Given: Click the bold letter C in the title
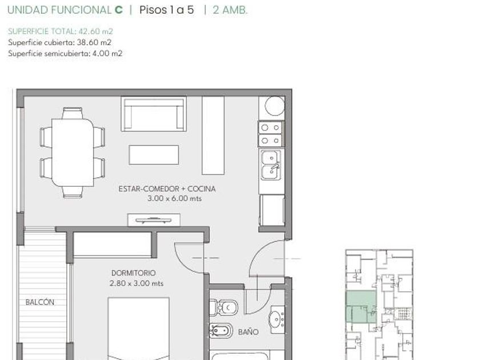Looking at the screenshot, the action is (118, 10).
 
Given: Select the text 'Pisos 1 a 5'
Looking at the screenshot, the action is (166, 10).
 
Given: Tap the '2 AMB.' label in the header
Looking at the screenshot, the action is (230, 10).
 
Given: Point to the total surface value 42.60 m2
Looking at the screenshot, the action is (96, 31).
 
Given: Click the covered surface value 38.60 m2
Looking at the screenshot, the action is (94, 42).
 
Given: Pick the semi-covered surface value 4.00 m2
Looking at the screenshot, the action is (107, 53).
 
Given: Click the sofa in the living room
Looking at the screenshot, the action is (154, 114).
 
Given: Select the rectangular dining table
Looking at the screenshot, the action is (73, 152).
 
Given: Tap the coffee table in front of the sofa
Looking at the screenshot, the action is (154, 155).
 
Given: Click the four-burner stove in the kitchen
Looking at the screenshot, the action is (271, 134).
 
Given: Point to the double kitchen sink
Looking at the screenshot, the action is (271, 165).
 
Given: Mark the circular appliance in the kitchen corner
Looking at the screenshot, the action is (275, 106).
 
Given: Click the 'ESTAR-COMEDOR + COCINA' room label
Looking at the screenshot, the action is (167, 189).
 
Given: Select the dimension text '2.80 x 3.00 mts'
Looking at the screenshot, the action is (137, 283).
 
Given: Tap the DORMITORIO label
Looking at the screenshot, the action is (134, 273).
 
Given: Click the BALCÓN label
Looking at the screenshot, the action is (40, 302).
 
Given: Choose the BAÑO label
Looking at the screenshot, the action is (248, 331).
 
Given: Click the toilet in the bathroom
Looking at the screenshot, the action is (223, 307).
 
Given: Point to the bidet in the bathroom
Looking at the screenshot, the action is (221, 331).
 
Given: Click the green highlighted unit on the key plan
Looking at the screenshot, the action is (361, 307).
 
